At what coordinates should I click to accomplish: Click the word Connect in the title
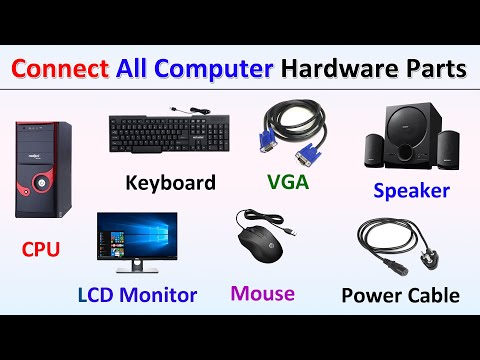(62, 70)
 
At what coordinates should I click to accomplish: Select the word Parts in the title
(432, 70)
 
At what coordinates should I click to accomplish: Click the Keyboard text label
(170, 183)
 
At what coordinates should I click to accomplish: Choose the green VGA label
(288, 183)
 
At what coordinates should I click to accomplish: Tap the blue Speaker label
(411, 190)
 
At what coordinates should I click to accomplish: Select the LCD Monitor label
(137, 295)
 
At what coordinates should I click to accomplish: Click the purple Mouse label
(262, 293)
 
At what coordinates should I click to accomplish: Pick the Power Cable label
(400, 295)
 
